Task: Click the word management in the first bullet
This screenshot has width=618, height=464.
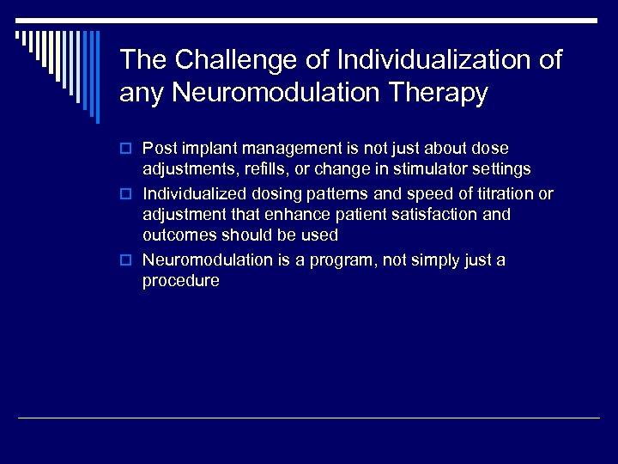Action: click(x=276, y=149)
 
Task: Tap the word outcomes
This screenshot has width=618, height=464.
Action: click(x=179, y=235)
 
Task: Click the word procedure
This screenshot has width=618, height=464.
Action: click(x=180, y=281)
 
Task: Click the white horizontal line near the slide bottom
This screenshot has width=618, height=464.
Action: click(x=309, y=418)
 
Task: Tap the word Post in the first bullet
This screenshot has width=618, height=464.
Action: click(x=159, y=149)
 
